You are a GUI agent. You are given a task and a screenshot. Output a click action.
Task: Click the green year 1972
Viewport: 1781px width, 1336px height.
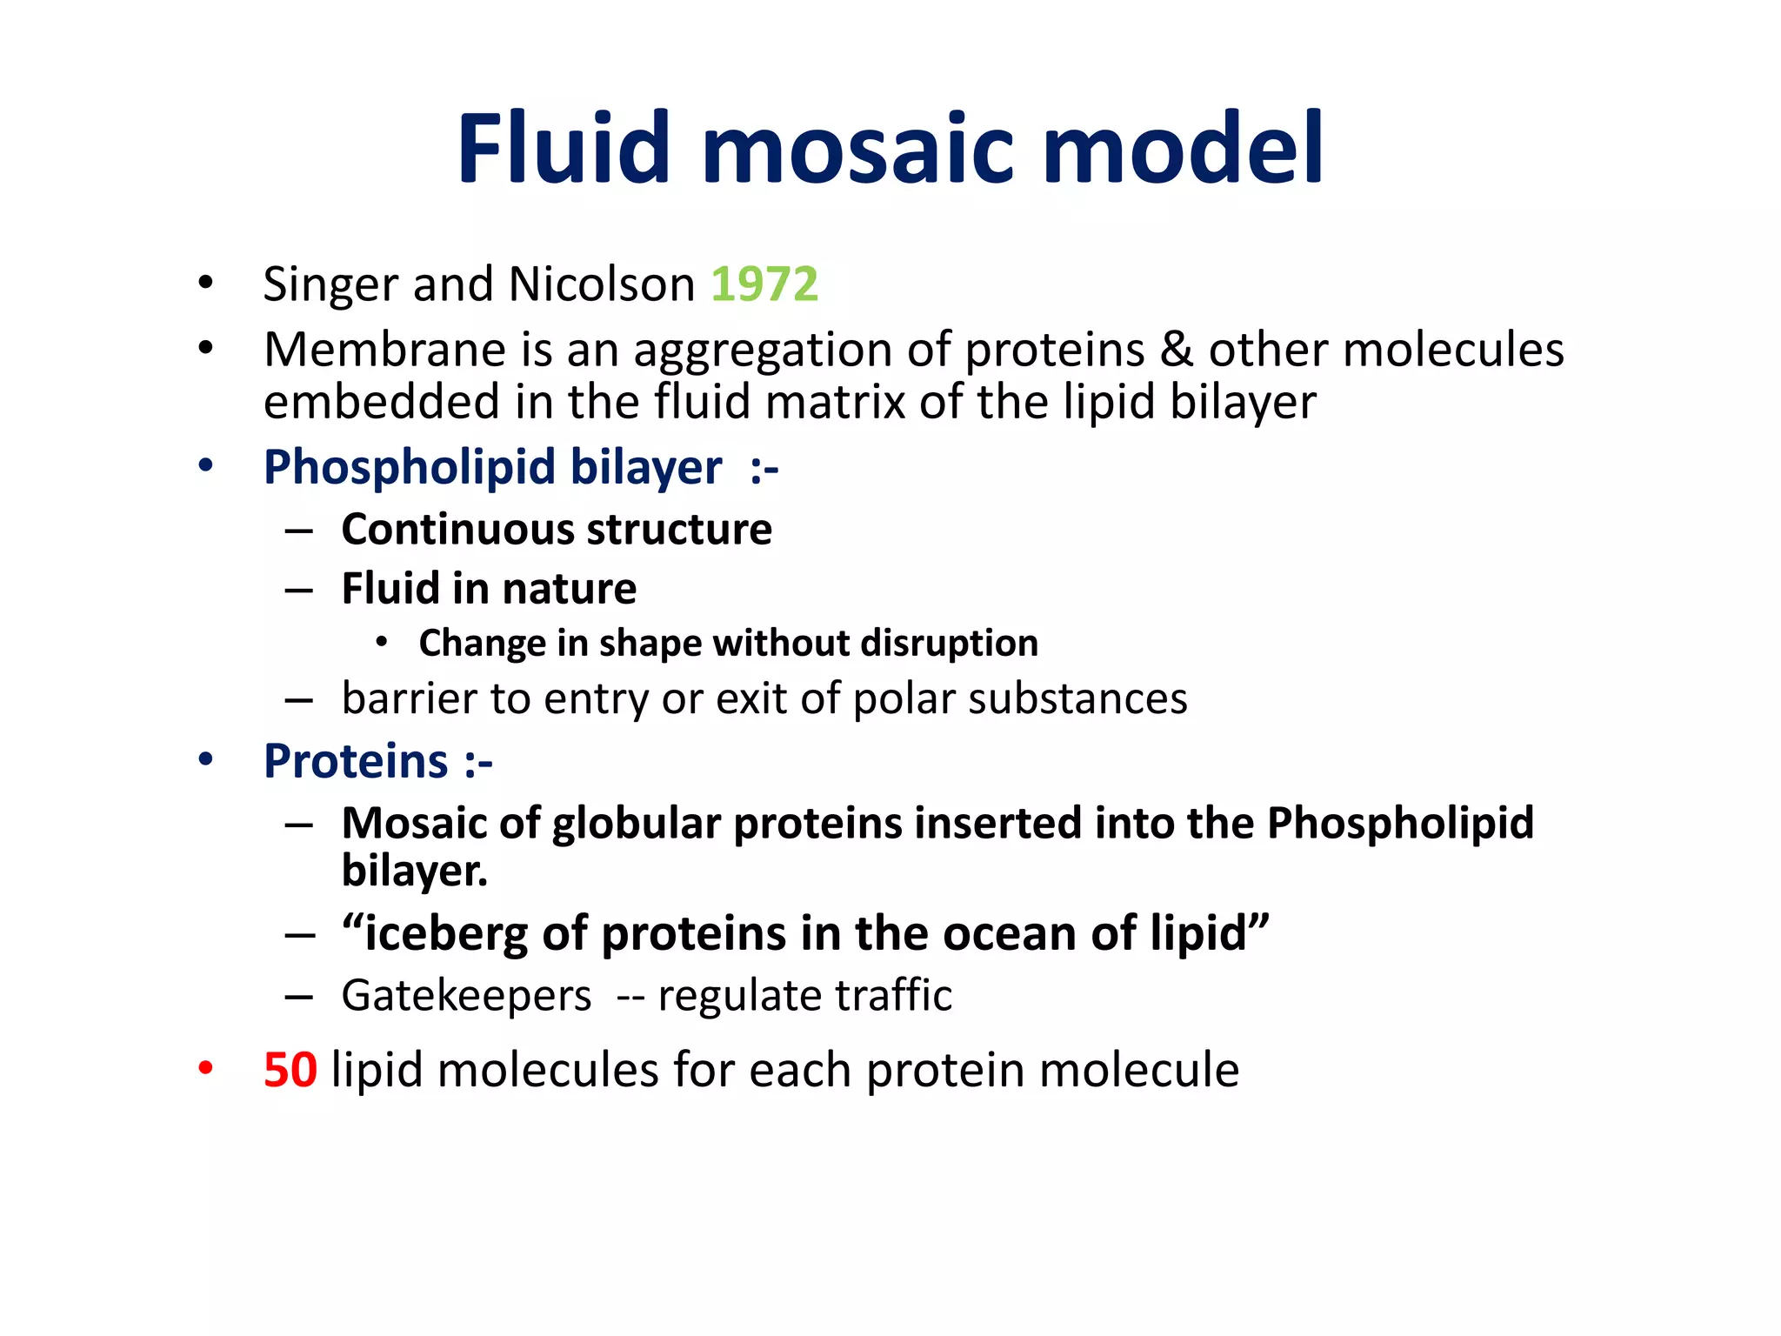pos(764,284)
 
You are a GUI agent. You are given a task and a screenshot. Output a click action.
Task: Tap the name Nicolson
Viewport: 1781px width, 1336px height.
pos(601,284)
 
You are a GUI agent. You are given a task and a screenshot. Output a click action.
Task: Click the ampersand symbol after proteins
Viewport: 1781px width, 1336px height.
pos(1177,350)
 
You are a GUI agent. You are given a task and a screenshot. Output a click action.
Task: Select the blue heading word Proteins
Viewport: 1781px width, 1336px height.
pos(356,761)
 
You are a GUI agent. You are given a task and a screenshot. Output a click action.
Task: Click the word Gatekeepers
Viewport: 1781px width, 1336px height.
pos(466,996)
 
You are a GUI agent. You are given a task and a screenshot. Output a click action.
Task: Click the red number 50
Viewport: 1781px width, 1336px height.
pos(290,1070)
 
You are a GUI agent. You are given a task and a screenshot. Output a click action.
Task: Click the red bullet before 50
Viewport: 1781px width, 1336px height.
pos(205,1069)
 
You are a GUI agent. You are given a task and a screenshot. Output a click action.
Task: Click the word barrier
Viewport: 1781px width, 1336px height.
pos(408,698)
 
